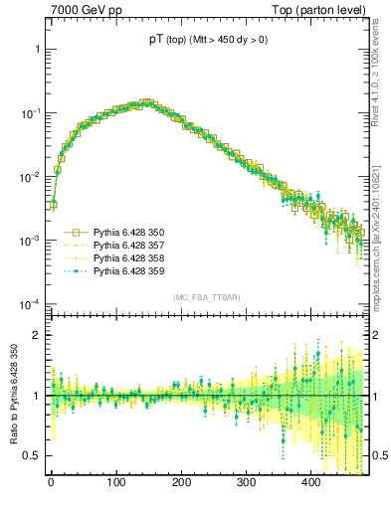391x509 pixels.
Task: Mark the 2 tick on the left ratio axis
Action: pos(37,335)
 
